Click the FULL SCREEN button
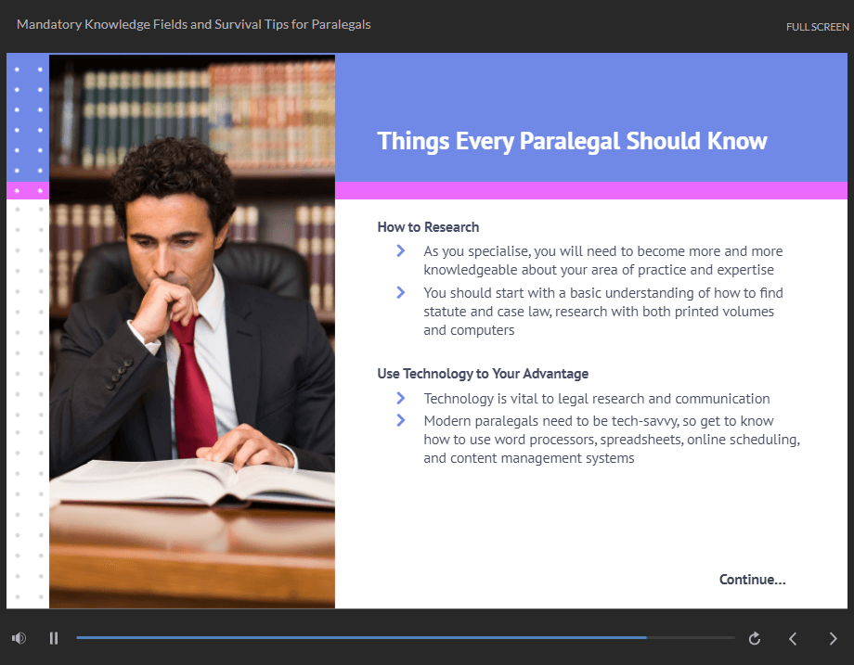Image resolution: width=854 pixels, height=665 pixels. click(817, 27)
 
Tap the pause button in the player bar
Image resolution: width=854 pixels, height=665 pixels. click(54, 638)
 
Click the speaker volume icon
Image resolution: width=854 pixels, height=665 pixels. click(19, 638)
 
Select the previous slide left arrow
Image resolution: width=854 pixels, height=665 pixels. click(793, 638)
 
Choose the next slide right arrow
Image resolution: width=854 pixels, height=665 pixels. click(833, 638)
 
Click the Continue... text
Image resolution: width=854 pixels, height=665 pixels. click(752, 580)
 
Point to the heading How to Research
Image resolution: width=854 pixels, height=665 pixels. click(428, 227)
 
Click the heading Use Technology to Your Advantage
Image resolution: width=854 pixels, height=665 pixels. click(483, 374)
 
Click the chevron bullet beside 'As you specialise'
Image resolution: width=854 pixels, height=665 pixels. click(401, 250)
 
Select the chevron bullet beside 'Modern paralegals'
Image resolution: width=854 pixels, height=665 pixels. click(401, 420)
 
